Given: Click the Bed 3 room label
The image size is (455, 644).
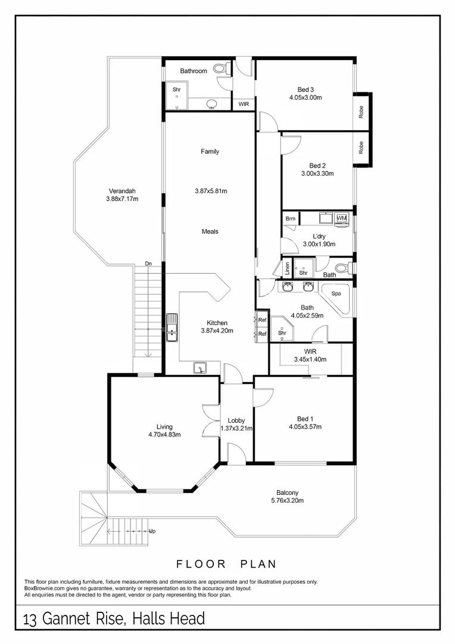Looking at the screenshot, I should coord(306,90).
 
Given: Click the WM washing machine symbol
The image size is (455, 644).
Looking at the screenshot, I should coord(341,219).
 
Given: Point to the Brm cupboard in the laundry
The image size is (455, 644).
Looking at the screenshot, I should coord(290,219).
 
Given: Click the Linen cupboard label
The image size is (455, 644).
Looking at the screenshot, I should coord(287,268).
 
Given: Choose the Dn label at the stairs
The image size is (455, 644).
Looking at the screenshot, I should coord(148,263).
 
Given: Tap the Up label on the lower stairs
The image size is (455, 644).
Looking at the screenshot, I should coord(152,531).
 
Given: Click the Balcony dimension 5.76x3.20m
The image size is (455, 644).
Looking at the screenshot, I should coord(287,500).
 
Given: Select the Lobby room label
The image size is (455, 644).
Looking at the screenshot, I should coord(236,420).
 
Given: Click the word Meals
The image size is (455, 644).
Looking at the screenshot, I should coord(210,231).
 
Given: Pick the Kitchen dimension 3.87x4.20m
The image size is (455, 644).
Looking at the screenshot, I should coord(216,330).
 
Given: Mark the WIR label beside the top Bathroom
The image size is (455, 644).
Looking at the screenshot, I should coord(244,104).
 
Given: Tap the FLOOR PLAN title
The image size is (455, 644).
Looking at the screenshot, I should coord(227,563).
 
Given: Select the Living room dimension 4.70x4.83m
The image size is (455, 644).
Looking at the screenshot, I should coord(164,434).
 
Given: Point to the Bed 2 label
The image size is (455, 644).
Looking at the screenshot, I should coord(317,166).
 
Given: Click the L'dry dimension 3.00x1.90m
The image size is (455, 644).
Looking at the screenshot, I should coord(319,244).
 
